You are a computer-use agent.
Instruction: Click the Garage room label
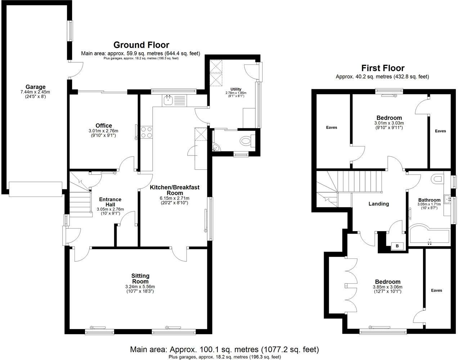click(36, 87)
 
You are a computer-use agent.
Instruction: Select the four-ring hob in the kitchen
click(147, 132)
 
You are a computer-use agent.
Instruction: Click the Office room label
click(104, 126)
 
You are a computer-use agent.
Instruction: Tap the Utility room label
click(236, 89)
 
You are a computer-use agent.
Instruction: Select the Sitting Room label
click(140, 279)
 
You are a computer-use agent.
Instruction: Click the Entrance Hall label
click(110, 202)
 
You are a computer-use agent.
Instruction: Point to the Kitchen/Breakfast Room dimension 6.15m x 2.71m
click(175, 198)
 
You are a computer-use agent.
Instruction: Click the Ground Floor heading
click(141, 45)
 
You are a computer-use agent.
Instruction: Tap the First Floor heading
click(383, 68)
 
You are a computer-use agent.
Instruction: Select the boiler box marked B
click(397, 246)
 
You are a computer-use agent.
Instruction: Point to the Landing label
click(379, 204)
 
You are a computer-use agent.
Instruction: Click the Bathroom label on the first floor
click(429, 200)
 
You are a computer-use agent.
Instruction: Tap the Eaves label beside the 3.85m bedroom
click(436, 291)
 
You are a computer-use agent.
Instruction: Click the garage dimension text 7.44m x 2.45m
click(35, 92)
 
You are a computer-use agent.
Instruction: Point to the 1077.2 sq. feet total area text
click(291, 349)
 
